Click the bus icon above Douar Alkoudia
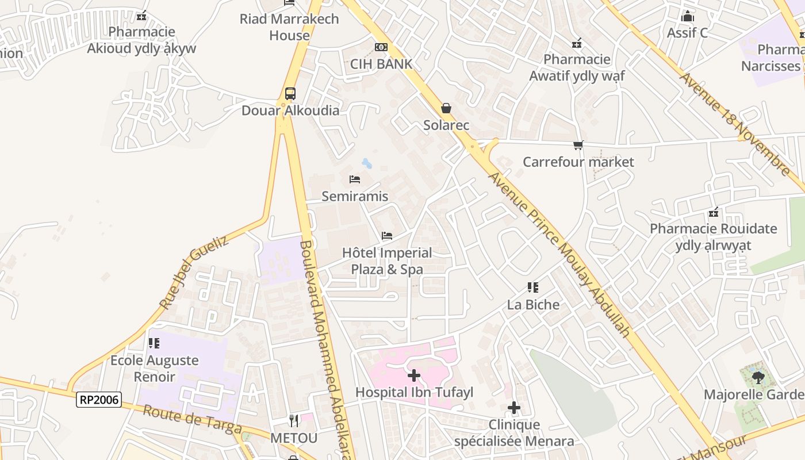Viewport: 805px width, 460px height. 290,93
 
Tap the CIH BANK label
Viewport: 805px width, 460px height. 381,64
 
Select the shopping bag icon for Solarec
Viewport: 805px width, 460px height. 446,108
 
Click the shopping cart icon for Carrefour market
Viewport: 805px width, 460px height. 578,145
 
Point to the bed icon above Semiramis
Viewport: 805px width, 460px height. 355,179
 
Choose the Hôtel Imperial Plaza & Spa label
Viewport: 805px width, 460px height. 387,261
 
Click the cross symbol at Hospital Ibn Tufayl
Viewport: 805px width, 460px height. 414,375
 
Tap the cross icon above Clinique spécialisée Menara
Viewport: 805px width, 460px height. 514,408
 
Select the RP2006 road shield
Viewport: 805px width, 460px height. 99,400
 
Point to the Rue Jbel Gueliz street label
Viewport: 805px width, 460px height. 194,272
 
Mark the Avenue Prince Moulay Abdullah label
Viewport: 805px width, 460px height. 559,253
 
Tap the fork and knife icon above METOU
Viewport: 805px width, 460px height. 294,421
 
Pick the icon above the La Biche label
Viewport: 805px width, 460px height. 533,287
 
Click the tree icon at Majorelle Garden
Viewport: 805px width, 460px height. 758,378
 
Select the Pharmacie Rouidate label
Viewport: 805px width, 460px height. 713,237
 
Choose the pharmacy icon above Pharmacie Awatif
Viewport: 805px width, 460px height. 577,43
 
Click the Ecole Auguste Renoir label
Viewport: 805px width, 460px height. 154,369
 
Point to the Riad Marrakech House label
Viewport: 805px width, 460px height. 289,27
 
